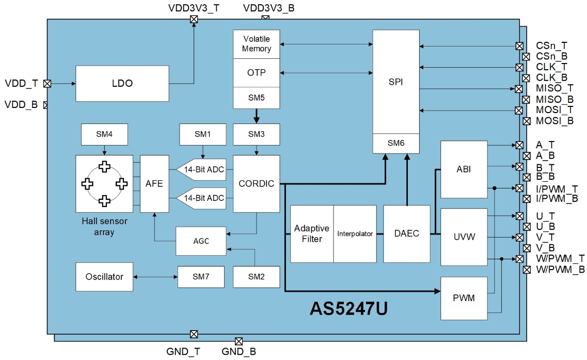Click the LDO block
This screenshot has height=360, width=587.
pos(122,83)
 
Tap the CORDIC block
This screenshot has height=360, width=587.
pos(256,183)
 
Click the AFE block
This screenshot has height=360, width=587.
pos(154,183)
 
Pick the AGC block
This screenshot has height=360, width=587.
pos(201,241)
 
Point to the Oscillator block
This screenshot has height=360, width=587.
pos(104,276)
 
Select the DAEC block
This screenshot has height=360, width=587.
pos(406,233)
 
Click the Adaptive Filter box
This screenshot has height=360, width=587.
pos(312,233)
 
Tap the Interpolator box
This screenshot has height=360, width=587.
pos(355,233)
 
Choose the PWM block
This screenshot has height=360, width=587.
pos(464,298)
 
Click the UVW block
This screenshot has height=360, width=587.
pos(464,237)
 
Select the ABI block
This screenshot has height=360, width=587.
pos(464,169)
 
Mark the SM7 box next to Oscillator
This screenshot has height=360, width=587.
pos(201,277)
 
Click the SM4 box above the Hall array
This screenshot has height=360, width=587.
pos(104,134)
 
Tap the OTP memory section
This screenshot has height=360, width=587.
pos(256,73)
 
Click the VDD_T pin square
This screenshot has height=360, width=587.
pos(47,83)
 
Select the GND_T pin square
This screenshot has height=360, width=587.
pos(194,334)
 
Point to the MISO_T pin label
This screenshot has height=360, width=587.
pos(554,88)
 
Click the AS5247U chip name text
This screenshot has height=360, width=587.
pos(348,308)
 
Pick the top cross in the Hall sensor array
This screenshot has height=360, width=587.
pos(105,166)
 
